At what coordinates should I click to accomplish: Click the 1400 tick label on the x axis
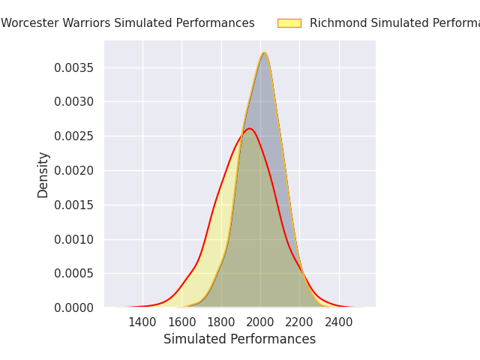coord(142,322)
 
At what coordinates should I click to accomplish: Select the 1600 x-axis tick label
coord(181,322)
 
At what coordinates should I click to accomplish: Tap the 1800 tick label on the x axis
coord(221,322)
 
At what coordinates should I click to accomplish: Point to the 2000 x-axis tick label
coord(260,322)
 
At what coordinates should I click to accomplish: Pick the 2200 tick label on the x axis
coord(299,322)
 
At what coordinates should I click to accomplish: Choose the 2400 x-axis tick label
coord(339,322)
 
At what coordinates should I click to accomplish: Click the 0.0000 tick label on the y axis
coord(73,307)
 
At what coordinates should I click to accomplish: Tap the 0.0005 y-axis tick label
coord(73,274)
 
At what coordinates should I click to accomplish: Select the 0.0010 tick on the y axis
coord(73,239)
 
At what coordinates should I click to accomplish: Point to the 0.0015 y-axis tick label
coord(73,205)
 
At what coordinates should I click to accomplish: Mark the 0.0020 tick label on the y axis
coord(73,170)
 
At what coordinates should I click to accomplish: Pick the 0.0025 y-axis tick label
coord(73,136)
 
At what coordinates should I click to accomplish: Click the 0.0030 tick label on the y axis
coord(73,102)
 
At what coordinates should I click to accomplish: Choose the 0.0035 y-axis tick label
coord(73,67)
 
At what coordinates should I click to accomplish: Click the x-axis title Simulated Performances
coord(239,340)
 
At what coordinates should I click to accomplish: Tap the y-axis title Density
coord(43,174)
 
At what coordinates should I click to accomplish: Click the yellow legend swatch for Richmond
coord(289,23)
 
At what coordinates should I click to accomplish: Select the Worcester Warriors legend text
coord(127,23)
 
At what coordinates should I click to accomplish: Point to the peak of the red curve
coord(250,128)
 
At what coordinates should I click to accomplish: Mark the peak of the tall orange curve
coord(264,52)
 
